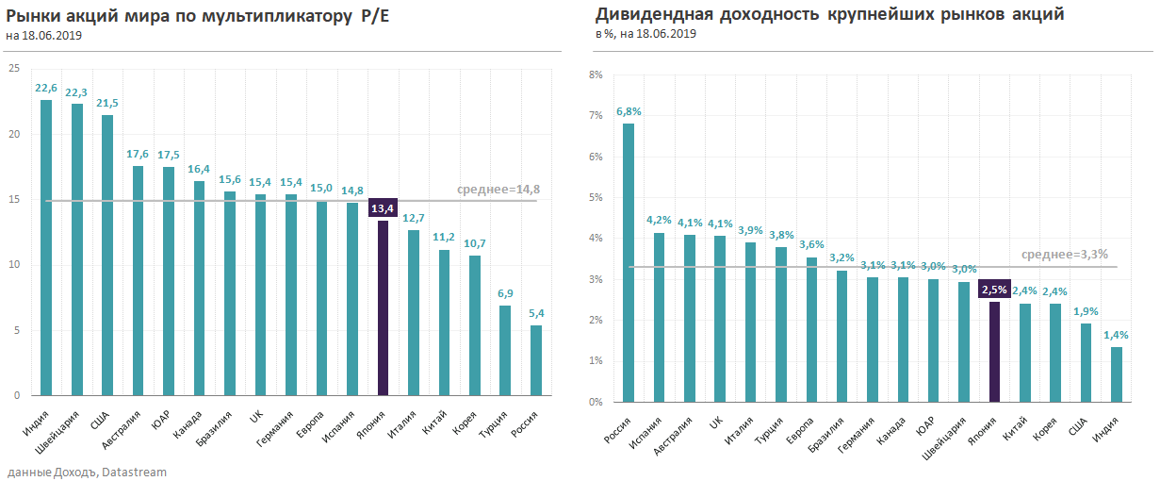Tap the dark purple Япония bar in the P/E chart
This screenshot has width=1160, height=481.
click(383, 307)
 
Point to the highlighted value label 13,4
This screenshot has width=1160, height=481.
click(383, 208)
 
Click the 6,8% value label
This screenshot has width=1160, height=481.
click(629, 111)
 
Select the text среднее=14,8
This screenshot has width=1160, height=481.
click(498, 190)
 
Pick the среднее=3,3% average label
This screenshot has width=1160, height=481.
click(1065, 255)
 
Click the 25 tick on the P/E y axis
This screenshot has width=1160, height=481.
click(14, 69)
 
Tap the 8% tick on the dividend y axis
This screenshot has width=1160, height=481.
click(596, 75)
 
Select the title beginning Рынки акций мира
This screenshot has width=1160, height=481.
click(197, 16)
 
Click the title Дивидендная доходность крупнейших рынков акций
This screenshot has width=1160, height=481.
click(830, 15)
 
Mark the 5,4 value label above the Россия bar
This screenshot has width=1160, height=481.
click(535, 312)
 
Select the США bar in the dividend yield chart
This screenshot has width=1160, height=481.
click(1086, 362)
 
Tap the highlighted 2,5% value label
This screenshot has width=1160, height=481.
click(994, 290)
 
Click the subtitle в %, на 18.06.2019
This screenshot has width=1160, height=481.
click(645, 35)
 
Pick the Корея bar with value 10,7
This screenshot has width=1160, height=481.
click(475, 324)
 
